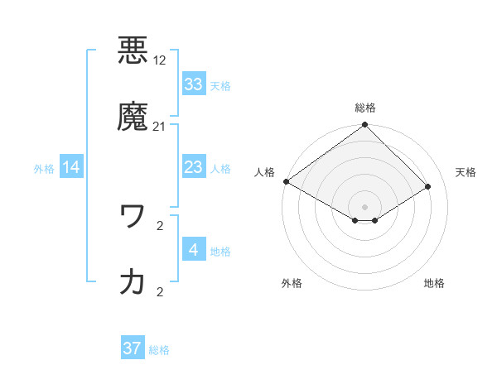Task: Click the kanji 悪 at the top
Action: click(133, 49)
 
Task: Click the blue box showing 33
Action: click(194, 84)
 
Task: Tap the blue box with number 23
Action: click(194, 167)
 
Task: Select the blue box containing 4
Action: click(194, 250)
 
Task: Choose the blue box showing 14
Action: click(71, 167)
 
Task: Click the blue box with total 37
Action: click(133, 348)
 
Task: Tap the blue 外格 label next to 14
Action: click(44, 168)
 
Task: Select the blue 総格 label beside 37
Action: click(159, 349)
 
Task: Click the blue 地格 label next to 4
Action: click(220, 251)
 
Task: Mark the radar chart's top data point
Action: click(364, 125)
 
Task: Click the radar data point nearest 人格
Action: click(286, 181)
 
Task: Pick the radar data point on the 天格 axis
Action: click(428, 186)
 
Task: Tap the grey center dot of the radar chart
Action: click(364, 206)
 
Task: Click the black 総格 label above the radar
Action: click(365, 108)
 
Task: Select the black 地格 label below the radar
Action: click(434, 283)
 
